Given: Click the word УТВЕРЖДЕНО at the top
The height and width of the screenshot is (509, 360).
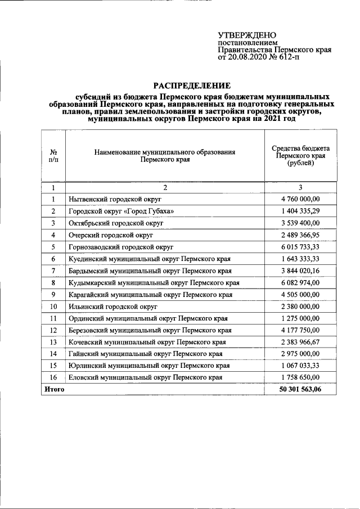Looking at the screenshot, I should (x=247, y=35).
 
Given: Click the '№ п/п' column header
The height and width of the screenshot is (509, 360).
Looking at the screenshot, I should (x=53, y=156).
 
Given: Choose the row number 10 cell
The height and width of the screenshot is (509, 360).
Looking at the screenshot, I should (x=53, y=306).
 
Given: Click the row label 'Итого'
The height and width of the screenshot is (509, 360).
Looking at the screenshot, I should (x=54, y=389).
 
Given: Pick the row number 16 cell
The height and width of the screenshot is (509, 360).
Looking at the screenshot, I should (x=53, y=377).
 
